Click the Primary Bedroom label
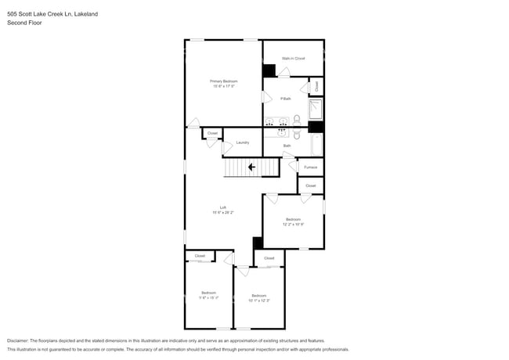223,81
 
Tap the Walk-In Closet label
293,58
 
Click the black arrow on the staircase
251,167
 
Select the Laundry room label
243,142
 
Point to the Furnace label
310,167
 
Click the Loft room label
223,207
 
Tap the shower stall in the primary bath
316,109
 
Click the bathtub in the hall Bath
316,145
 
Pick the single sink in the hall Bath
272,133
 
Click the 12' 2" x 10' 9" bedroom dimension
293,224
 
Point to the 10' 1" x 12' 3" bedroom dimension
259,300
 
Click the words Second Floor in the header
24,23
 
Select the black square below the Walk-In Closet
269,70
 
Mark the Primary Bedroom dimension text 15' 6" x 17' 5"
223,86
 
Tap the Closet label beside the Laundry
212,134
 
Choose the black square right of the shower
316,127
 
